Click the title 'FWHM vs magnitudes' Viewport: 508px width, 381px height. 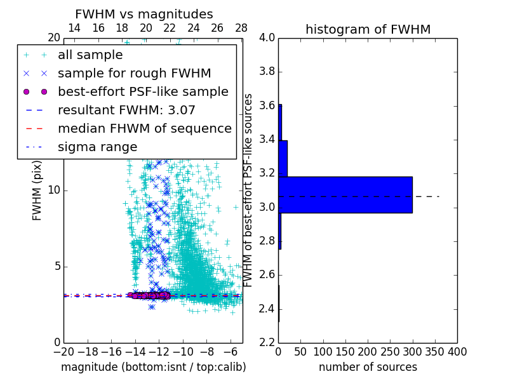[x=144, y=14]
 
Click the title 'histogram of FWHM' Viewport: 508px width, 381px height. [x=368, y=29]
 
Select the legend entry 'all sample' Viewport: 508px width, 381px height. [x=90, y=55]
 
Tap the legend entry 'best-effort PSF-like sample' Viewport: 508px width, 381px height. [x=143, y=92]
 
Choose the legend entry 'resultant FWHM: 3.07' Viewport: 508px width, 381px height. [x=126, y=110]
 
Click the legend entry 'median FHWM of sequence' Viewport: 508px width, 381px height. [x=144, y=129]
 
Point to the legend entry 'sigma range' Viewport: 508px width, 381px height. [x=97, y=147]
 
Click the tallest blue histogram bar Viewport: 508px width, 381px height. [x=345, y=194]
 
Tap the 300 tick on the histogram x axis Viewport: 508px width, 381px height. [x=412, y=351]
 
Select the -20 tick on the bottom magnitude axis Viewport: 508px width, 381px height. [x=63, y=351]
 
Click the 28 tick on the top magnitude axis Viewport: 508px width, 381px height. [x=241, y=29]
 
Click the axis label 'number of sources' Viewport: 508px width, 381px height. [x=368, y=367]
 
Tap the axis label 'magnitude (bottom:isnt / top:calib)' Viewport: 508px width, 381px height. [x=153, y=367]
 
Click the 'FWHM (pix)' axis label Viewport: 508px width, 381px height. [x=37, y=190]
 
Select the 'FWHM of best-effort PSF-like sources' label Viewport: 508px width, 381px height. [x=249, y=190]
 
